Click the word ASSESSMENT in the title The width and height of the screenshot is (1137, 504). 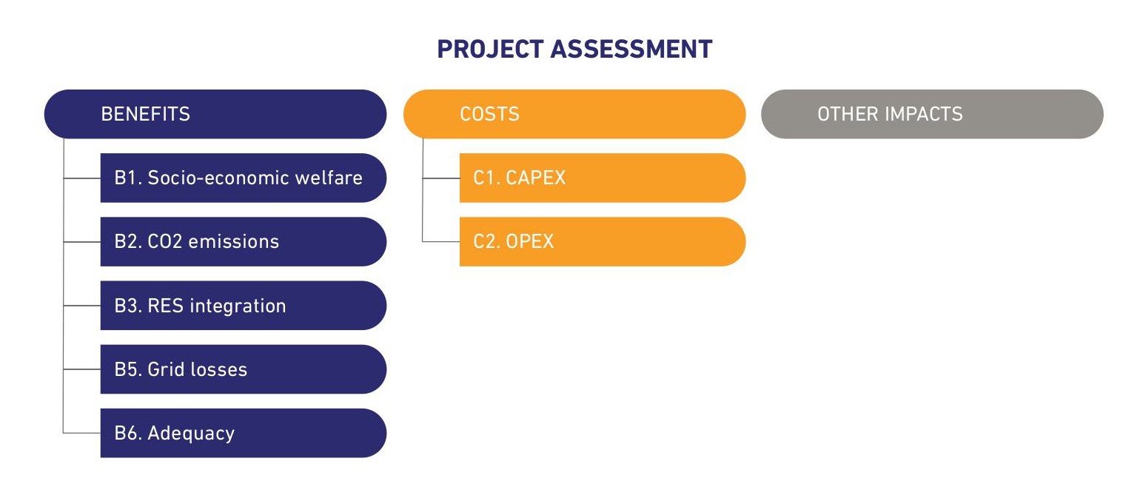tap(631, 50)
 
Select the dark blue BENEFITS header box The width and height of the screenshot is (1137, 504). tap(215, 114)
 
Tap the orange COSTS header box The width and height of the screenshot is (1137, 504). tap(574, 114)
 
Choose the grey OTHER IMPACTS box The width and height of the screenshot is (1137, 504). tap(931, 114)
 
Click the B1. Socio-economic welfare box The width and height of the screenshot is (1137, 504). tap(243, 178)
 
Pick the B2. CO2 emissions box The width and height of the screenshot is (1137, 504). tap(243, 241)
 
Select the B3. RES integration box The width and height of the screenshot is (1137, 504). tap(243, 306)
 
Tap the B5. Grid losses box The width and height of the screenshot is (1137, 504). tap(243, 369)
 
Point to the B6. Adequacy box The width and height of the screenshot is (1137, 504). tap(243, 433)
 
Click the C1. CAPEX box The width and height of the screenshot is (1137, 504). tap(602, 178)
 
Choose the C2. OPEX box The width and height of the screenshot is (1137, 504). tap(602, 241)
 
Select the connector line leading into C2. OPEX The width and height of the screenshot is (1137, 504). tap(441, 241)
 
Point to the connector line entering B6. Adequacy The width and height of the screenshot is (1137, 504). tap(82, 433)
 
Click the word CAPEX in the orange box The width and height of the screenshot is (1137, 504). tap(535, 178)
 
